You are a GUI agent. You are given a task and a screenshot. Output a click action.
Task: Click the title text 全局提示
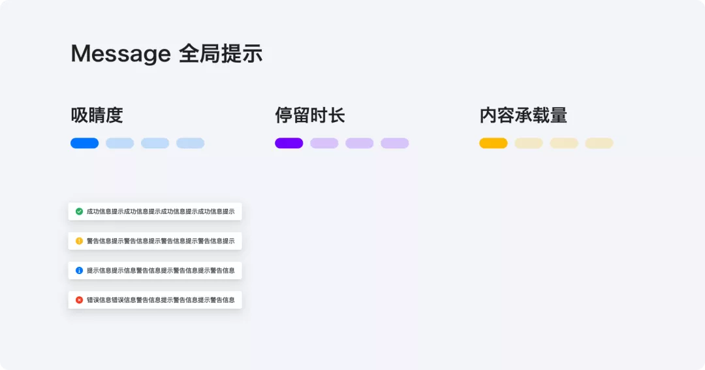[221, 54]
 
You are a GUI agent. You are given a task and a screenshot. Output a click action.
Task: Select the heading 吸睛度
[97, 116]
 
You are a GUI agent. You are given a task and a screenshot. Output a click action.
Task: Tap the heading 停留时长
[309, 116]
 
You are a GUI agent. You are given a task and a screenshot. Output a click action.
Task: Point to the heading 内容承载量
[523, 116]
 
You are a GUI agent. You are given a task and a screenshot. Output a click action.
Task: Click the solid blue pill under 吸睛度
[84, 143]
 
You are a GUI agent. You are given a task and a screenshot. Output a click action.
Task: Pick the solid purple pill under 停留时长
[289, 143]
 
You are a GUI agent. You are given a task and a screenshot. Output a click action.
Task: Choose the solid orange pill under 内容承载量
[493, 143]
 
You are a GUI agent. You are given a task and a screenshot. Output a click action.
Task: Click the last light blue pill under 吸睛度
[190, 143]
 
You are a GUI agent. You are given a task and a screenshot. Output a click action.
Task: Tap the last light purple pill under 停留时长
[394, 143]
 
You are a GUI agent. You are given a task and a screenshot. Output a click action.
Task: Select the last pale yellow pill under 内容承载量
[599, 143]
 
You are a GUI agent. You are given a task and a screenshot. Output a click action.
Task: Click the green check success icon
[79, 211]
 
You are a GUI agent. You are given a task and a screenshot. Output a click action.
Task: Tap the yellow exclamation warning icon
[79, 241]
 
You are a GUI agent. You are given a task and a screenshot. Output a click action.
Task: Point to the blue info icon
[79, 270]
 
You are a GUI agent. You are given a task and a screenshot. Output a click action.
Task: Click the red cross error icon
[79, 300]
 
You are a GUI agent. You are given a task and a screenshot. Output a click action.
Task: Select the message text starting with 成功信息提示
[161, 211]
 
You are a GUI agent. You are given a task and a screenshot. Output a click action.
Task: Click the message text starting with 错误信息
[161, 300]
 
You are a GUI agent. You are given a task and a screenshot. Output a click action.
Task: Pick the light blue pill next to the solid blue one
[119, 143]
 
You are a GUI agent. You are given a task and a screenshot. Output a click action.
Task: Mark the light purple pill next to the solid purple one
[324, 143]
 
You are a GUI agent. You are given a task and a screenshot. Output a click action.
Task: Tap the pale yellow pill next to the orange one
[528, 143]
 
